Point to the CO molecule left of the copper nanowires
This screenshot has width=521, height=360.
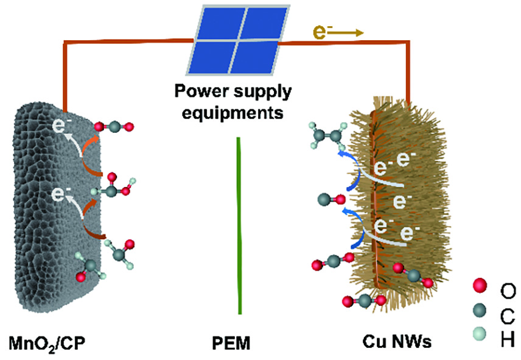click(332, 199)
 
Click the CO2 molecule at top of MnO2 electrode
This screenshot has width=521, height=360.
click(114, 127)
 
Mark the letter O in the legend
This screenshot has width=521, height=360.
click(506, 286)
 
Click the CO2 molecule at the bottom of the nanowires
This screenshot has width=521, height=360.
click(363, 300)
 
